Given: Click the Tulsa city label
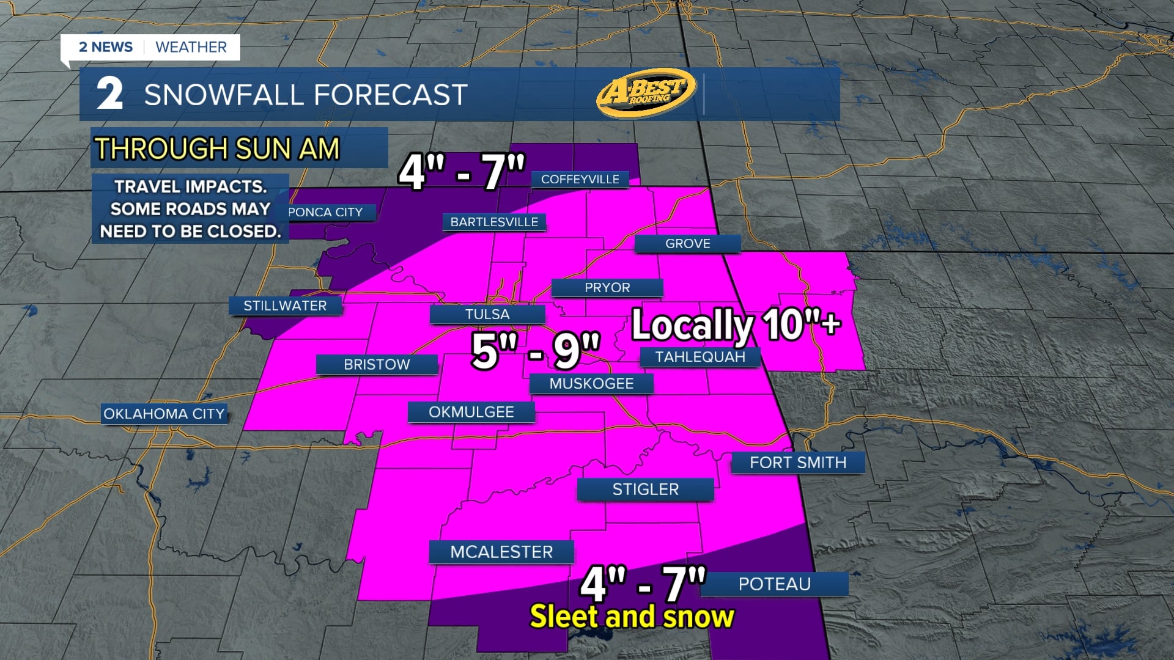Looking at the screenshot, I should (487, 314).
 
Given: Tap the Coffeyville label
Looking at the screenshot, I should (580, 179).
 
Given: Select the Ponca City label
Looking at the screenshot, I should (326, 212).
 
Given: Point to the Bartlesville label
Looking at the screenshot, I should (494, 222).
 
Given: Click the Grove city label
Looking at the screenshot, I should (687, 243).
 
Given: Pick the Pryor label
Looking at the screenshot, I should (607, 288).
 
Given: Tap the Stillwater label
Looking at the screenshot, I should (285, 306).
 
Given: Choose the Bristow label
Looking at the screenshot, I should (377, 364).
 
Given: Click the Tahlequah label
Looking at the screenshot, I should (700, 357).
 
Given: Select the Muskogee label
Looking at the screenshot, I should (591, 384).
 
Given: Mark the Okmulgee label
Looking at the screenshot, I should (471, 412).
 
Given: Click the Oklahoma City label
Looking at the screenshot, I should (164, 414).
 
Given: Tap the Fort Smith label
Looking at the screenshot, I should (798, 463).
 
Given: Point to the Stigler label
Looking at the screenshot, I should (646, 490).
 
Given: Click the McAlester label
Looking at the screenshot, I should (501, 552).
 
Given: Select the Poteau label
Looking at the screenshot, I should (774, 584).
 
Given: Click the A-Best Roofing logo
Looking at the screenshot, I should (646, 93).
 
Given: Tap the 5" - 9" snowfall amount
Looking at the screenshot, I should (536, 351).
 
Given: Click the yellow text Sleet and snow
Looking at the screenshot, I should (632, 617).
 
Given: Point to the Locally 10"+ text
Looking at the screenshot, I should (736, 324).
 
